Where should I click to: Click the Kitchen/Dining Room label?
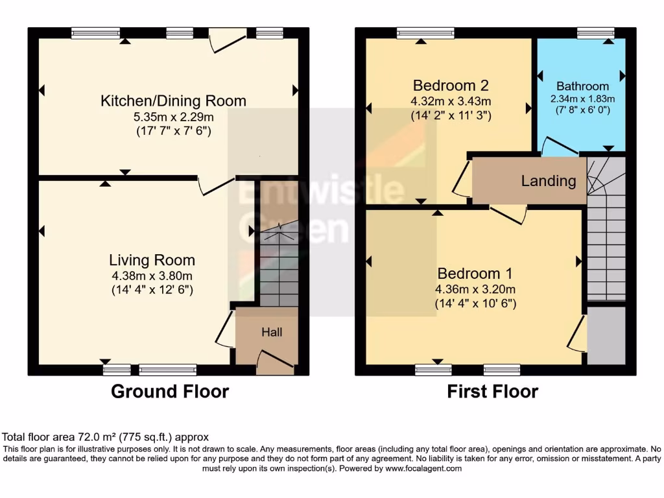(x=173, y=101)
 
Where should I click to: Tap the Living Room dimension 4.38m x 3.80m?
(x=152, y=276)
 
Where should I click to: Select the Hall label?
(x=272, y=332)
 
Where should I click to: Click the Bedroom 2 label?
(x=450, y=86)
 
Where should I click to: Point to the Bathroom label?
(x=582, y=86)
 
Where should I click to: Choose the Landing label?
(x=549, y=181)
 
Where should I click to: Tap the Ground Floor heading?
(x=170, y=392)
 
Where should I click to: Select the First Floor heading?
(x=493, y=392)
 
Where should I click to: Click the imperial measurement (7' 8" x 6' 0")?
(x=582, y=110)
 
